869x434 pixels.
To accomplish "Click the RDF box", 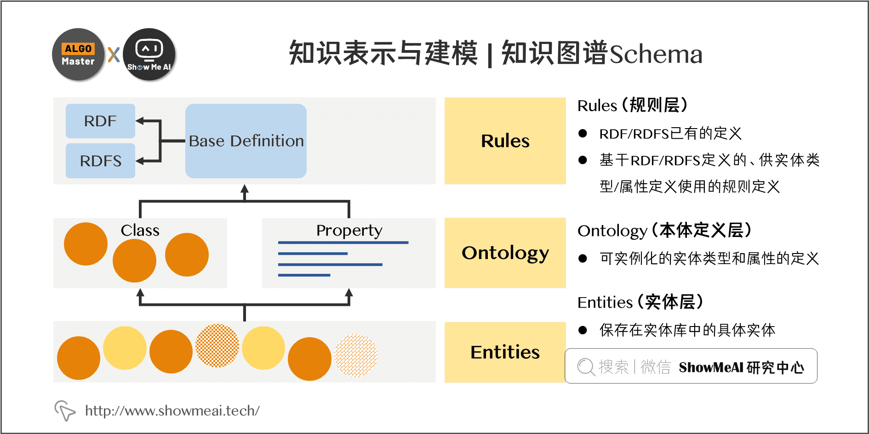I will coord(100,121).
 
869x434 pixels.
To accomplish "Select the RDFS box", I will coord(100,161).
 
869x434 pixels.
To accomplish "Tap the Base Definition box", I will coord(246,141).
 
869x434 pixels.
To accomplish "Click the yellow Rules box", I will coord(505,141).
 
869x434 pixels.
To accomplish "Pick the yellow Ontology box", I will coord(505,253).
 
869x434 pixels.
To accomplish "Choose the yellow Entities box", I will coord(505,352).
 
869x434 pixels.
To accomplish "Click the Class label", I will coord(140,230).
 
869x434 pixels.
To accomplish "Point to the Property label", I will coord(349,230).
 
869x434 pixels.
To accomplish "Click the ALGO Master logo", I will coord(79,55).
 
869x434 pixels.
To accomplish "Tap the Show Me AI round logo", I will coord(149,55).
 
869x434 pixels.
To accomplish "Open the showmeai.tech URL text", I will coord(172,411).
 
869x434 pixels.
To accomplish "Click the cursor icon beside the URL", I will coord(64,410).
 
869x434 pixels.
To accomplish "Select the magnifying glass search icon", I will coord(586,367).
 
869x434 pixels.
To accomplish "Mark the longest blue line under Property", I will coord(343,242).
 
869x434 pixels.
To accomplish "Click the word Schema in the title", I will coord(656,54).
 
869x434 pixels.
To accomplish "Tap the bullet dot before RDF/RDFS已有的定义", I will coord(583,134).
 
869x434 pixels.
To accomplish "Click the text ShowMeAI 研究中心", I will coord(741,367).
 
